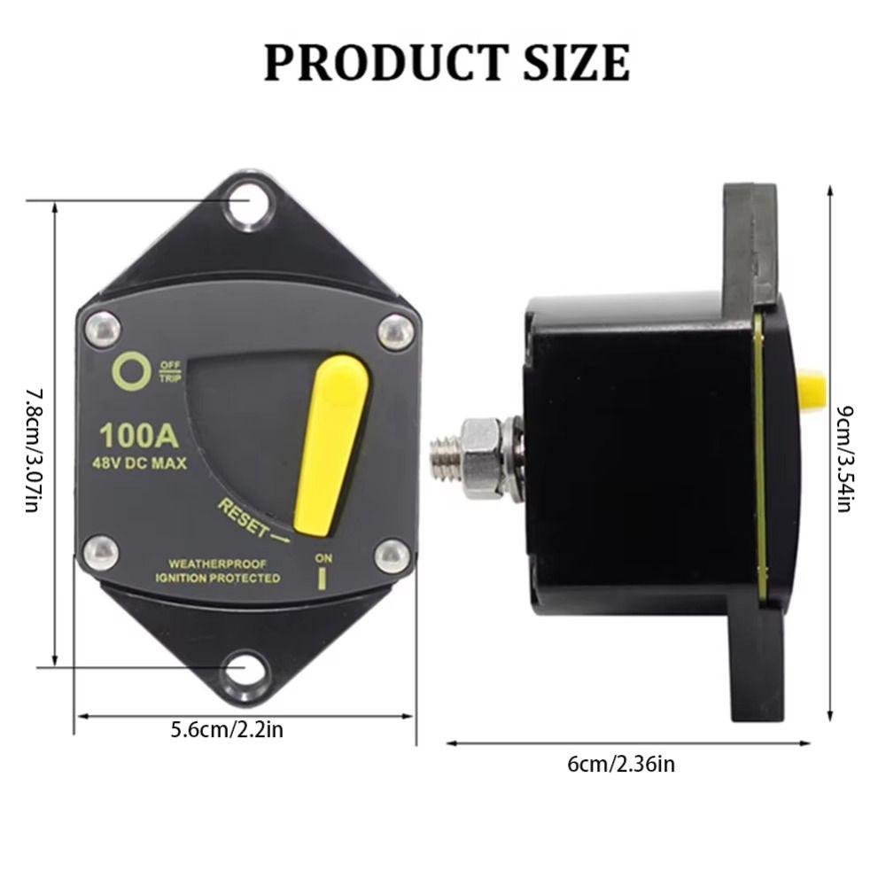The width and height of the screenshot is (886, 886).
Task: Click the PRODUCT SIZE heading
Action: (447, 62)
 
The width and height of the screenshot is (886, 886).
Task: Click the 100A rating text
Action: (140, 435)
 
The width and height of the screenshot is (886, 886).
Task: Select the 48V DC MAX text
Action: (140, 462)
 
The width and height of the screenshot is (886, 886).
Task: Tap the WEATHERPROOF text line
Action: (217, 563)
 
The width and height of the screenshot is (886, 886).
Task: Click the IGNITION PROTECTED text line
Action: (217, 579)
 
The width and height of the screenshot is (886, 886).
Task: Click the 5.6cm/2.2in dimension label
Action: (227, 730)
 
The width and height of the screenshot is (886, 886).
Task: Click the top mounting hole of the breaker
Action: (245, 204)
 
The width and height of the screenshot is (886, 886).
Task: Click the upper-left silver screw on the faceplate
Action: (103, 330)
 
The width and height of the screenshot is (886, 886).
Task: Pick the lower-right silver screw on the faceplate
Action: (392, 556)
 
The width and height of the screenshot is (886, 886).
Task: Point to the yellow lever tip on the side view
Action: (811, 390)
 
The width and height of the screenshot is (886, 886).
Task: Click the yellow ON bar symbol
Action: (324, 579)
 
